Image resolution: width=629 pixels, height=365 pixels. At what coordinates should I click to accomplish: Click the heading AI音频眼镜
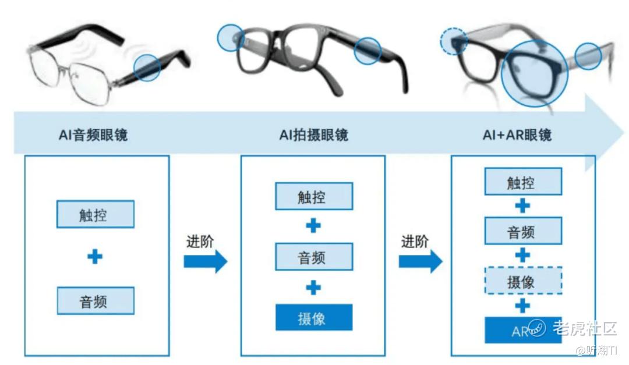click(x=93, y=135)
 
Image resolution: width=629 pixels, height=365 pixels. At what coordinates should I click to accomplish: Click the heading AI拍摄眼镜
click(x=314, y=135)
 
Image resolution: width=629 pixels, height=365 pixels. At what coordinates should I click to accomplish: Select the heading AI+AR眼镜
click(x=517, y=135)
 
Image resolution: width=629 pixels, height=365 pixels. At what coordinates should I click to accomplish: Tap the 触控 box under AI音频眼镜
click(x=96, y=214)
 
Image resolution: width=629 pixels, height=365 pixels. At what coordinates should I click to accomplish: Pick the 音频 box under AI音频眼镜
click(x=96, y=300)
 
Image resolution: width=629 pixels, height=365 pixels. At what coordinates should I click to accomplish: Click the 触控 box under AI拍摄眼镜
click(x=314, y=196)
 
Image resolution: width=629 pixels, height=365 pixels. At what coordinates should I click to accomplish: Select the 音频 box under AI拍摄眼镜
click(x=314, y=256)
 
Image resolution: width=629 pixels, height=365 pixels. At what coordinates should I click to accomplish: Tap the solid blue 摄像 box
click(x=314, y=317)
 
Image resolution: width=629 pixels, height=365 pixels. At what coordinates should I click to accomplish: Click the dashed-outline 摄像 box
click(x=523, y=281)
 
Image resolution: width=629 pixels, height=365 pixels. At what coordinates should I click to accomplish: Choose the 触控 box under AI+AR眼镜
click(x=523, y=182)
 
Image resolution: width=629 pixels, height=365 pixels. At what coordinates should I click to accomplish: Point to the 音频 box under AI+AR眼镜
click(x=523, y=231)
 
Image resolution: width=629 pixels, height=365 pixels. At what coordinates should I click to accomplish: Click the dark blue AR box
click(x=523, y=330)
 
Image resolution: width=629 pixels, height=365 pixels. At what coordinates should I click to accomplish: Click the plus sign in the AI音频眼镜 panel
click(x=95, y=256)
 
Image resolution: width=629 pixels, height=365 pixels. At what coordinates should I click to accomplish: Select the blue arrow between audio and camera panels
click(x=206, y=261)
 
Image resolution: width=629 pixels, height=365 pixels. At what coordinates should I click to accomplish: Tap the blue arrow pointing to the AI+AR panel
click(x=420, y=261)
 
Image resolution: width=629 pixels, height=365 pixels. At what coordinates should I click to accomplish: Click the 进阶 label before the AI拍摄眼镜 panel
click(x=200, y=242)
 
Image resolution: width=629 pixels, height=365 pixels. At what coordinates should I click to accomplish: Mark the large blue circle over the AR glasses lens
click(x=502, y=73)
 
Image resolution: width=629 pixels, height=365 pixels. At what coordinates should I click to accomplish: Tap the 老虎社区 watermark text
click(x=585, y=328)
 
